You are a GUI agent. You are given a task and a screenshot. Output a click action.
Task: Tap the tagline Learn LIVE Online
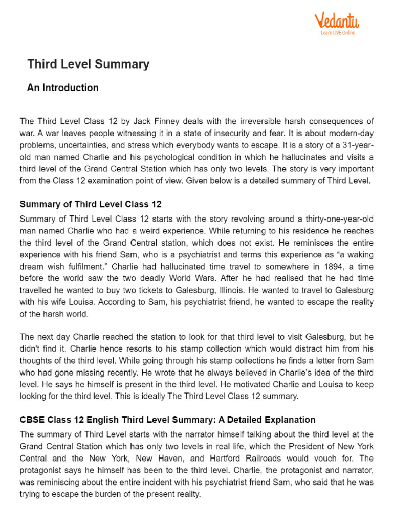[x=338, y=33]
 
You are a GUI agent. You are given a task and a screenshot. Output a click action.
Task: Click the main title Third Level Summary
[x=88, y=64]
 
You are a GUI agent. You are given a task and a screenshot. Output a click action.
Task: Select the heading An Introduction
[x=62, y=88]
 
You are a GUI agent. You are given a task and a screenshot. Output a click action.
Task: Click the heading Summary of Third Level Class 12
[x=90, y=204]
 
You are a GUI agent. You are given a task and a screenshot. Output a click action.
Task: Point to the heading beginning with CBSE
[x=167, y=420]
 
